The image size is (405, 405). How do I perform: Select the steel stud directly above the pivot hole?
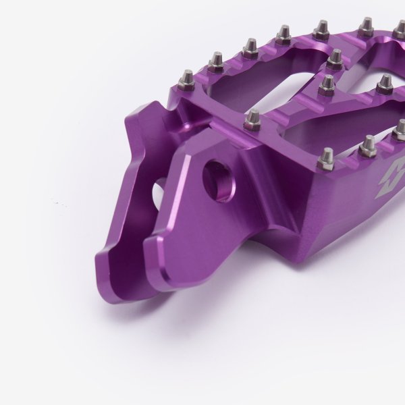click(x=252, y=120)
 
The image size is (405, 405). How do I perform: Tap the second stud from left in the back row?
click(x=216, y=62)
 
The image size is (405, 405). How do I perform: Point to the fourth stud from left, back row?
click(x=283, y=34)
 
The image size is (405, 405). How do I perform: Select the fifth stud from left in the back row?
click(x=322, y=29)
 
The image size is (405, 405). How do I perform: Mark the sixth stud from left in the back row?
click(x=365, y=26)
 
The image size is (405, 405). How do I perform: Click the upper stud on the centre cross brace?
click(x=334, y=59)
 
